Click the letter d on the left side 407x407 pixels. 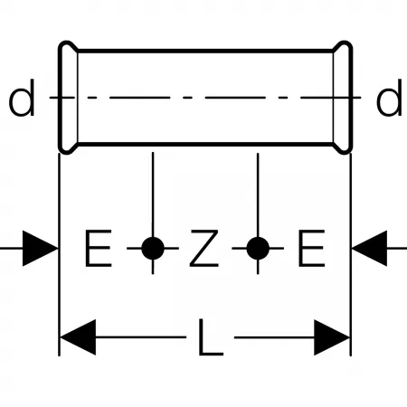(x=22, y=98)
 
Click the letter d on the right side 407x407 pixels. (x=389, y=98)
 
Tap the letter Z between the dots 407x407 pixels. (x=203, y=248)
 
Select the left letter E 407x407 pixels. (x=99, y=248)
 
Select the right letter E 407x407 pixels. (x=311, y=248)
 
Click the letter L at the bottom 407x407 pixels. (x=211, y=337)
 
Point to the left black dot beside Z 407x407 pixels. (x=153, y=249)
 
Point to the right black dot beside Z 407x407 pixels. (x=258, y=249)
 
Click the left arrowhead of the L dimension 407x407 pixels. (x=78, y=337)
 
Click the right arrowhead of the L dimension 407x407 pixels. (x=332, y=337)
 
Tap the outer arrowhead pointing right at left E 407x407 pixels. (x=40, y=249)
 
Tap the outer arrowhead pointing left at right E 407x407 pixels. (x=369, y=249)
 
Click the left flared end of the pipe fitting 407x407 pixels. (x=68, y=98)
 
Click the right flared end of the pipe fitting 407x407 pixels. (x=343, y=98)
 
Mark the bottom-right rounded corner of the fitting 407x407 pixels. (x=346, y=150)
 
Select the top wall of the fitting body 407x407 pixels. (x=205, y=51)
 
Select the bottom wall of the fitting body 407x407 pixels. (x=205, y=144)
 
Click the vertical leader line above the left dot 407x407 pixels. (x=153, y=194)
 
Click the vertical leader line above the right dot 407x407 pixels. (x=258, y=195)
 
